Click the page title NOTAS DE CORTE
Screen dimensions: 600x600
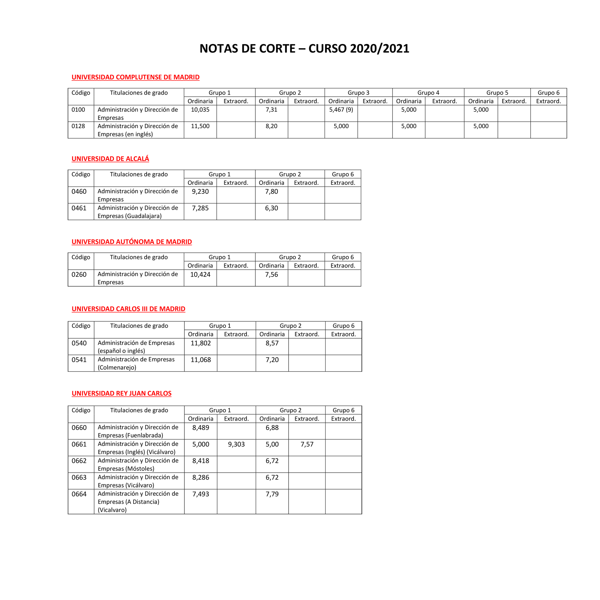[x=304, y=49]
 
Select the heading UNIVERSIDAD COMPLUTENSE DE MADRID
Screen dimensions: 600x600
[x=135, y=77]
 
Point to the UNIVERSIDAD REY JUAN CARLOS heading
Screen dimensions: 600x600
[x=121, y=393]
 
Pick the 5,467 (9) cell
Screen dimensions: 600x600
[x=341, y=110]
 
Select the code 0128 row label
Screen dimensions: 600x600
[x=78, y=126]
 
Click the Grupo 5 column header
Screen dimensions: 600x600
[x=497, y=93]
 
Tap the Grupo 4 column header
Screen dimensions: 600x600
[x=428, y=93]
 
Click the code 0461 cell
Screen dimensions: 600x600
[x=79, y=208]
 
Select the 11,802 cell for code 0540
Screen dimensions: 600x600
[x=201, y=343]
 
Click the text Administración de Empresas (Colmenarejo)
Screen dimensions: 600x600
[x=136, y=363]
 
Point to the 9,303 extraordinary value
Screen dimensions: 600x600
[x=236, y=444]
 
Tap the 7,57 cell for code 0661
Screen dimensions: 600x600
[x=307, y=444]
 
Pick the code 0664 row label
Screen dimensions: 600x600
[x=79, y=494]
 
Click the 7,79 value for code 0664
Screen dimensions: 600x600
[x=272, y=494]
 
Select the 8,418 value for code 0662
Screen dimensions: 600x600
[x=201, y=461]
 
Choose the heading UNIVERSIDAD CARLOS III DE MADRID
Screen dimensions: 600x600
[x=128, y=309]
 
